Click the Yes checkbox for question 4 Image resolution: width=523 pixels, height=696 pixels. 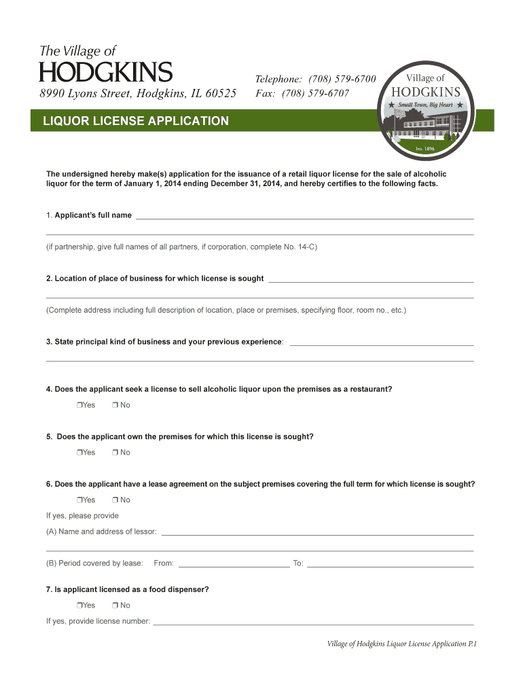(x=79, y=406)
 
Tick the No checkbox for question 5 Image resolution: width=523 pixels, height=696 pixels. (x=115, y=453)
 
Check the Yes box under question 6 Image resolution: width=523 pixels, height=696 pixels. (x=79, y=500)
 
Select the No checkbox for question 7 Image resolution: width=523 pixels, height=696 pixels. (x=115, y=606)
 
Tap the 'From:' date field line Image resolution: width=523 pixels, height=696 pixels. (x=233, y=565)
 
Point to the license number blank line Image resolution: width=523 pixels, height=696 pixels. (x=313, y=623)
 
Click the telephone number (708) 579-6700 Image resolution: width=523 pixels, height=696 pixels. (x=342, y=79)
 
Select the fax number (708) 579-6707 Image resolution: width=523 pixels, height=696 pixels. (x=315, y=92)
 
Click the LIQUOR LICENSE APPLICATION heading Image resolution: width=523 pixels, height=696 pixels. (x=136, y=122)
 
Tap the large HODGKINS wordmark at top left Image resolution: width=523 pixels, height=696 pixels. (x=106, y=72)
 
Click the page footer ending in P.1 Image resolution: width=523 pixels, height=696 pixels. (x=401, y=644)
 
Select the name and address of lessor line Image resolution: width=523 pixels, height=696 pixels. (x=317, y=534)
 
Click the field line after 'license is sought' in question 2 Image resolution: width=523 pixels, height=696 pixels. (x=371, y=281)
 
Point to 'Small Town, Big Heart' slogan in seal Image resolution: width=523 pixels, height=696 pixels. (x=425, y=105)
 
